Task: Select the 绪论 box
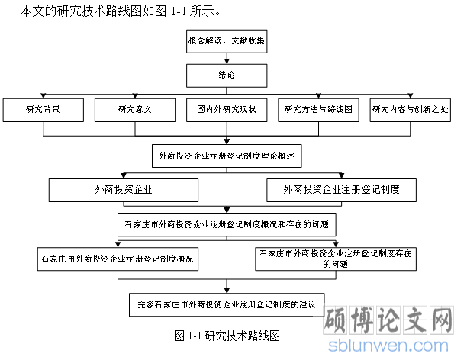227,76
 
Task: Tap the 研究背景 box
43,110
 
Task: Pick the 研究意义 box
134,110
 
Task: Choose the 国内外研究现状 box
227,110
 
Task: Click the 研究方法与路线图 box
318,110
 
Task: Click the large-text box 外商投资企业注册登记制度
342,190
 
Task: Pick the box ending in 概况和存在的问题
227,225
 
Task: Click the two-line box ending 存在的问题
336,259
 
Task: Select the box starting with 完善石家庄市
227,303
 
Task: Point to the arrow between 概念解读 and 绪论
227,59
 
